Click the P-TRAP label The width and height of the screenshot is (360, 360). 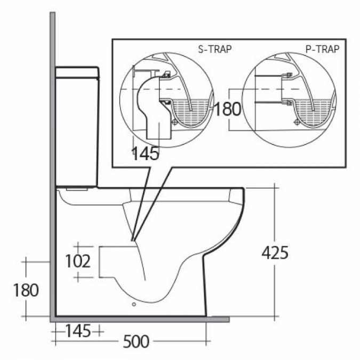(323, 49)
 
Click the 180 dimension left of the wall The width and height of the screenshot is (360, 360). (26, 290)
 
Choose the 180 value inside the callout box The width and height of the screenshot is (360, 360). (227, 109)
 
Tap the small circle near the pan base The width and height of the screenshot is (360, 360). (133, 306)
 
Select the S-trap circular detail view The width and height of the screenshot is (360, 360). (167, 99)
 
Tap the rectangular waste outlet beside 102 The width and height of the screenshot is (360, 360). (115, 261)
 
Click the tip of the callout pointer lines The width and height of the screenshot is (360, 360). (132, 241)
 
